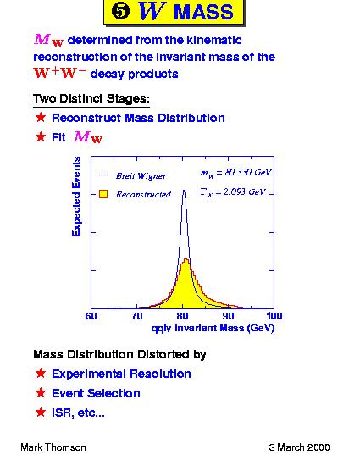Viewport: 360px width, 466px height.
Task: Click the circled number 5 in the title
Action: pyautogui.click(x=120, y=12)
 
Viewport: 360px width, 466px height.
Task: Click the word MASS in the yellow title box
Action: pyautogui.click(x=203, y=12)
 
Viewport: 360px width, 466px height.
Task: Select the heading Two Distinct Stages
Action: pyautogui.click(x=91, y=98)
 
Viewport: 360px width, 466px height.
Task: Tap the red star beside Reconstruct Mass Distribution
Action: pyautogui.click(x=41, y=118)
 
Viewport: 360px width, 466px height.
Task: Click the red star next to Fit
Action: pyautogui.click(x=41, y=136)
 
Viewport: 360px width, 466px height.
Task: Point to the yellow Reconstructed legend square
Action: pyautogui.click(x=103, y=194)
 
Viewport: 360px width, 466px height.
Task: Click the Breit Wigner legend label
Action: pyautogui.click(x=141, y=176)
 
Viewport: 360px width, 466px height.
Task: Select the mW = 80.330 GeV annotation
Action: pyautogui.click(x=235, y=173)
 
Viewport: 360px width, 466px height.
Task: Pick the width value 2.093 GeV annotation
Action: pyautogui.click(x=233, y=192)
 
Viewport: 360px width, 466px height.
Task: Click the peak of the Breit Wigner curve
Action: pyautogui.click(x=184, y=190)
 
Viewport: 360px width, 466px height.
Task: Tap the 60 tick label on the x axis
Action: pyautogui.click(x=91, y=316)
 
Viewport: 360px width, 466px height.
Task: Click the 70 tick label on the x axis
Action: pyautogui.click(x=136, y=316)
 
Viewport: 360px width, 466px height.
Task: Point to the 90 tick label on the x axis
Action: pyautogui.click(x=228, y=316)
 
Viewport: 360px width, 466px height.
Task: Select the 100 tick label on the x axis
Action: pyautogui.click(x=274, y=316)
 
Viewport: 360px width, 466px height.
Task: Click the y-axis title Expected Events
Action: pyautogui.click(x=76, y=197)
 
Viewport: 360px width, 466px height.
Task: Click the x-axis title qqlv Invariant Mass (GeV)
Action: pyautogui.click(x=213, y=328)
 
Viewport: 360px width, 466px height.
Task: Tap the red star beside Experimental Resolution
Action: pyautogui.click(x=41, y=374)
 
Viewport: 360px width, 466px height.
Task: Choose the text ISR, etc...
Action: pyautogui.click(x=78, y=413)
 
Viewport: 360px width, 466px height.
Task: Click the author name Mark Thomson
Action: pyautogui.click(x=53, y=447)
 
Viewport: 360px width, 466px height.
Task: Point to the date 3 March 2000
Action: pyautogui.click(x=299, y=447)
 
